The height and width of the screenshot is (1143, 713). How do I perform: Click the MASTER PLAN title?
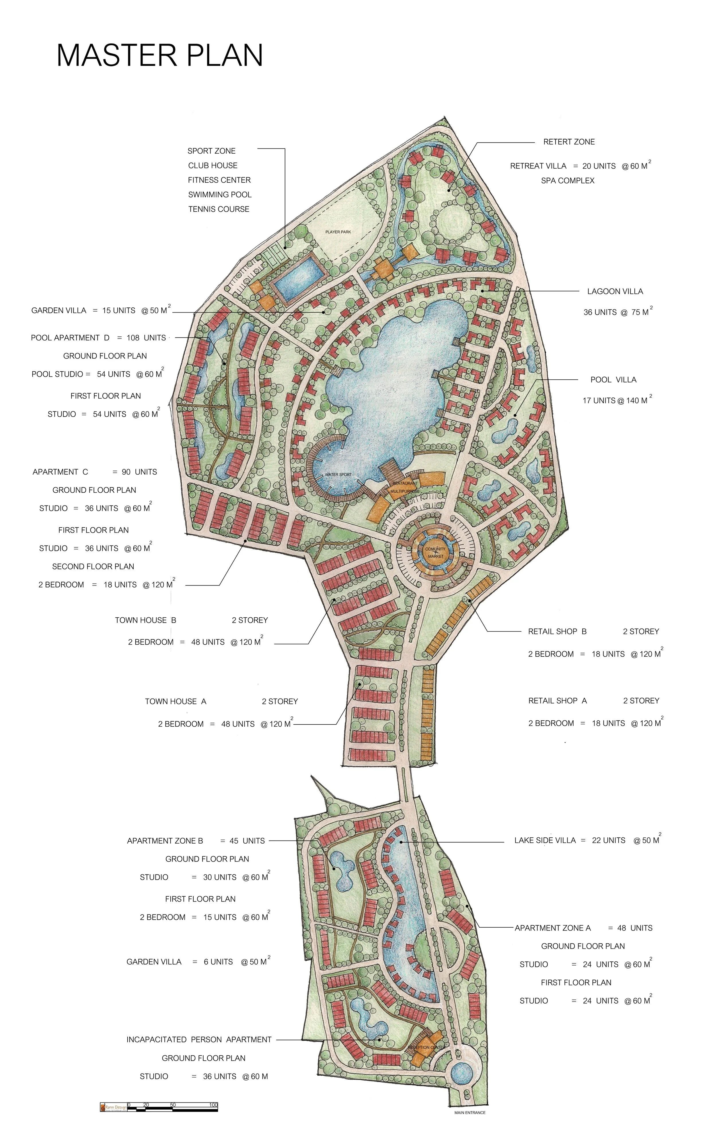[159, 56]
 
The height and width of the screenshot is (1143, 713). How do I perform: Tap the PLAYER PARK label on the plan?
[338, 232]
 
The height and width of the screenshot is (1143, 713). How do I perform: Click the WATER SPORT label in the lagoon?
[338, 474]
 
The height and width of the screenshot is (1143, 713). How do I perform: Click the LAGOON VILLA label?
[615, 291]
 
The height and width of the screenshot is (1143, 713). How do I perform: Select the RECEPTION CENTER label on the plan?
[426, 1047]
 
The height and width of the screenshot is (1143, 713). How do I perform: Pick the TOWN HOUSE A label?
[176, 701]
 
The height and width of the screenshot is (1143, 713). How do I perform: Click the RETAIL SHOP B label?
[557, 631]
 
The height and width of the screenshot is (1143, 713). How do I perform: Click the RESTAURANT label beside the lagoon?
[405, 483]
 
